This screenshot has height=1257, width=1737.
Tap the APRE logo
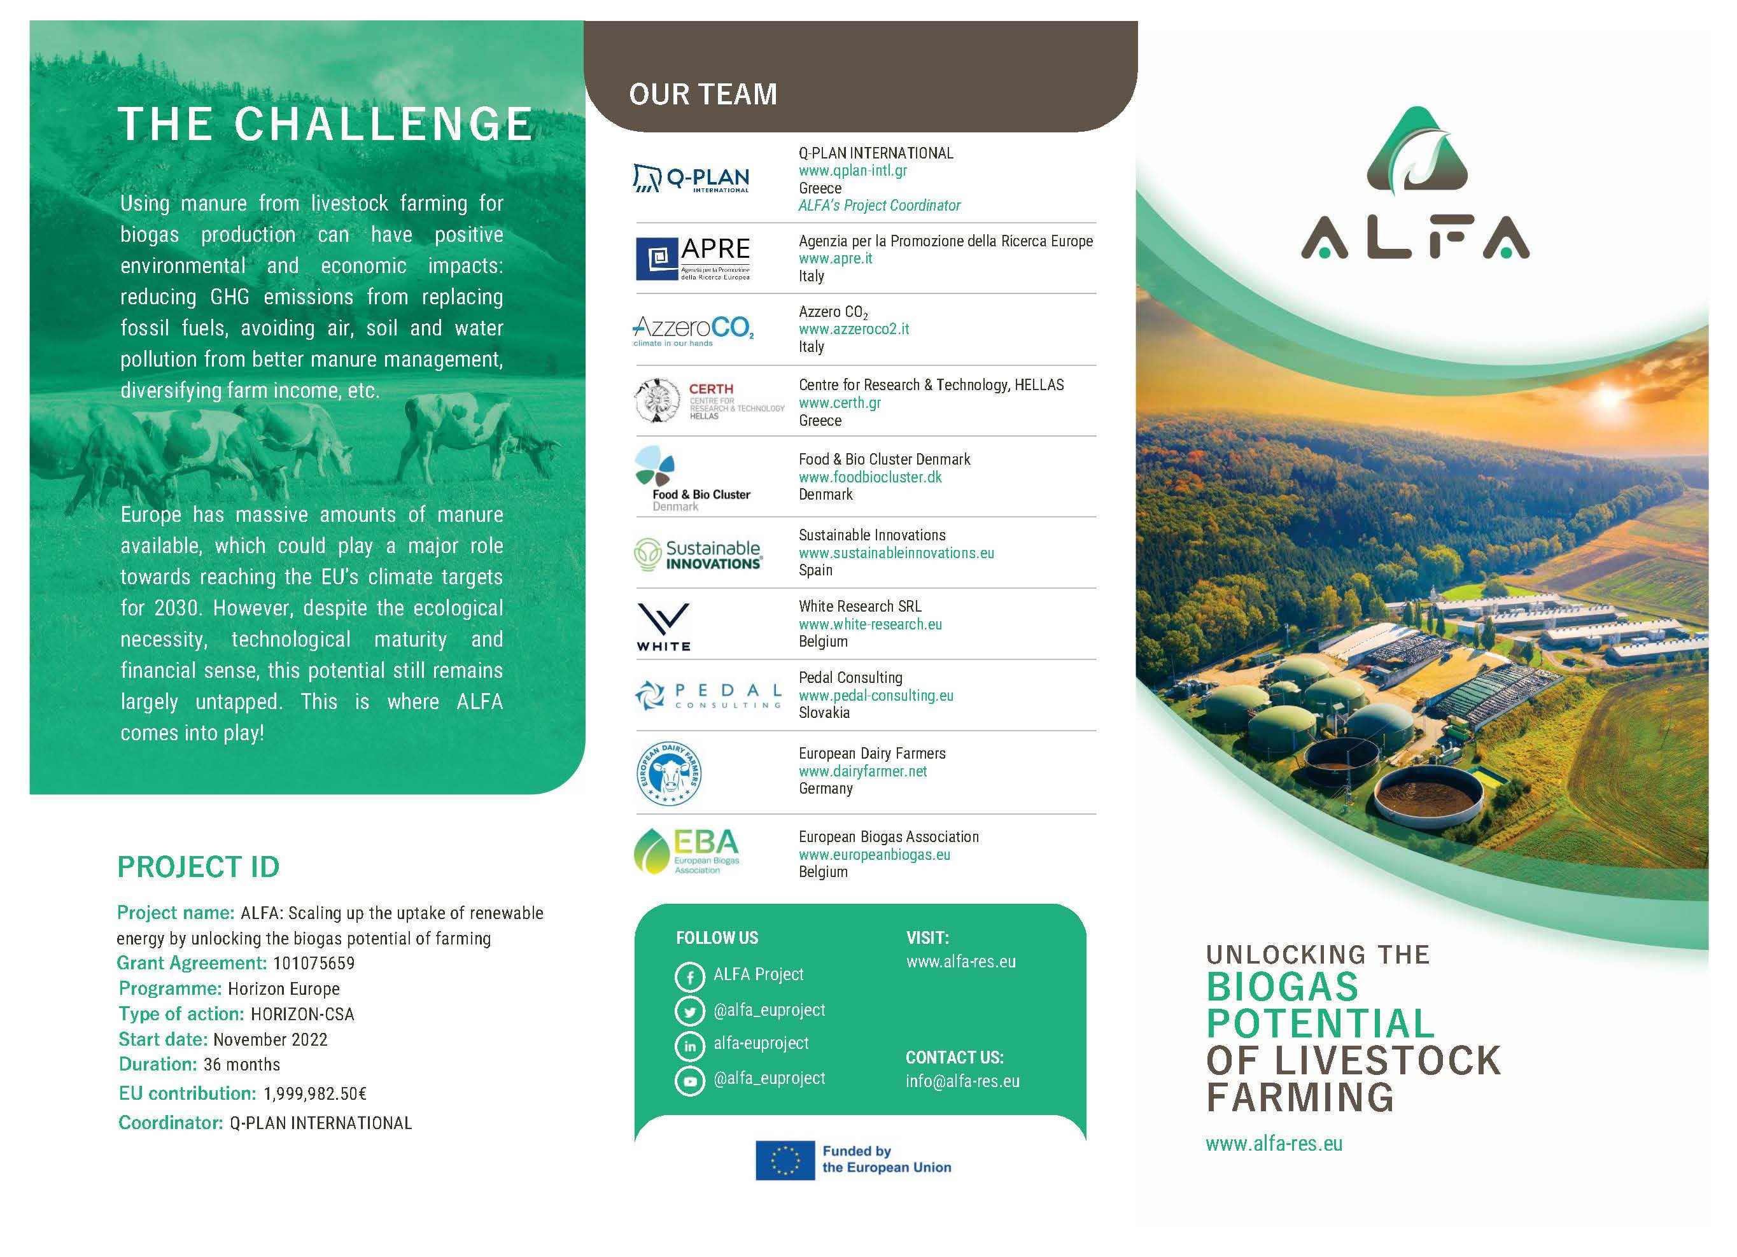point(693,259)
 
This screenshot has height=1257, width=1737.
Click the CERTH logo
point(709,400)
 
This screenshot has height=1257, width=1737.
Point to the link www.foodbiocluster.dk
point(870,477)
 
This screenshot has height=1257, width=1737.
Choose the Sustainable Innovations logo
point(698,554)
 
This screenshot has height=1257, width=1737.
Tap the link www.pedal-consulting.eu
point(876,696)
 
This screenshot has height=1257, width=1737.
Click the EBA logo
point(687,851)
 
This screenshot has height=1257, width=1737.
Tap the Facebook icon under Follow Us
point(689,977)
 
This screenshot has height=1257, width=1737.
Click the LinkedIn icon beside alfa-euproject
point(689,1046)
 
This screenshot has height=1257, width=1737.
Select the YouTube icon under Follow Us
point(689,1081)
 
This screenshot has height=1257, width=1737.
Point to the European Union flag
point(785,1160)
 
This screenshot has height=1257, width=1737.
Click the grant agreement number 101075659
point(313,963)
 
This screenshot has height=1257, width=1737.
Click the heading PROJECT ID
point(199,867)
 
